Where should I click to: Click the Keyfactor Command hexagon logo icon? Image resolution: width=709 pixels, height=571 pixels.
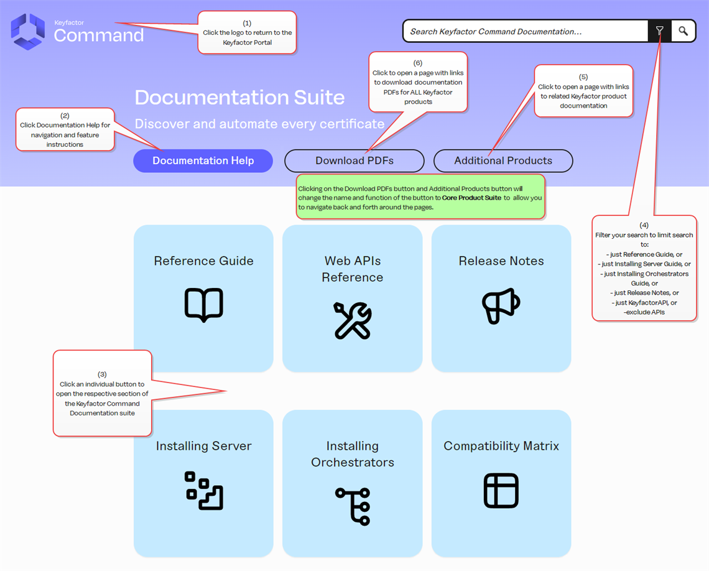[28, 31]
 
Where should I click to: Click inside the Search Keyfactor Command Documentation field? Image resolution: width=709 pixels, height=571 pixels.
[526, 31]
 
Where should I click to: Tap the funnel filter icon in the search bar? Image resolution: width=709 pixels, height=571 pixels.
[660, 30]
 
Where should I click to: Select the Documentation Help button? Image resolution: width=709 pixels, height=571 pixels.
[203, 160]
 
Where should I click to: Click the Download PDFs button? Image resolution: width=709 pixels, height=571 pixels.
[354, 160]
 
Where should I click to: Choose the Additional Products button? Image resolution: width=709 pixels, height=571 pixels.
[503, 160]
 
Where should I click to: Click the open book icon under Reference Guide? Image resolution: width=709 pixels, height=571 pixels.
[203, 304]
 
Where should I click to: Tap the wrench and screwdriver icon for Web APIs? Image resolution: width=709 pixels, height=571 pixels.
[353, 320]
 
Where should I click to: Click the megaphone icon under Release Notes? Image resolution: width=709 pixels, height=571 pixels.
[501, 305]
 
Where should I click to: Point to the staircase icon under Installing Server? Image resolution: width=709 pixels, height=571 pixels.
[203, 491]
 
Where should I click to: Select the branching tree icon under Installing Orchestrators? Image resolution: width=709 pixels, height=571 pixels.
[353, 506]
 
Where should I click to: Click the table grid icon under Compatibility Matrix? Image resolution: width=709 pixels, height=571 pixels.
[501, 491]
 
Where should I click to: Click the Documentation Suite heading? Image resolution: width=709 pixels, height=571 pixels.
[239, 97]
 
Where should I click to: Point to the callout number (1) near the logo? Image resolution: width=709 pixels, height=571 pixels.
[247, 23]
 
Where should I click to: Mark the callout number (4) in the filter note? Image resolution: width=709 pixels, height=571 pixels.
[644, 225]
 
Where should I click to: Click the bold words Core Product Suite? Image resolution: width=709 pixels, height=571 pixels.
[471, 198]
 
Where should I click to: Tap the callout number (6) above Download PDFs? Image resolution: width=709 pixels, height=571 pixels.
[418, 63]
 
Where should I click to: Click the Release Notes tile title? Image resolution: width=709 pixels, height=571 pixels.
[501, 261]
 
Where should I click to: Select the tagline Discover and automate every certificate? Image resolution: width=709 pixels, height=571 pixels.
[259, 124]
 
